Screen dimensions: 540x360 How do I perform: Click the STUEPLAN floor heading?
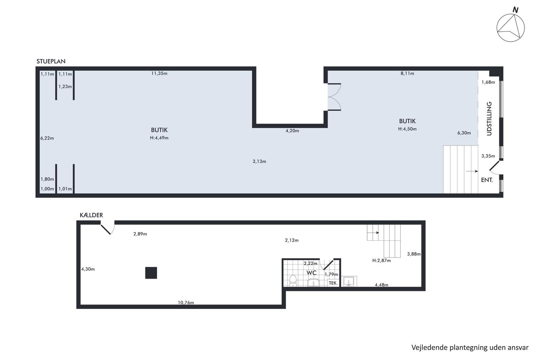[x=51, y=61]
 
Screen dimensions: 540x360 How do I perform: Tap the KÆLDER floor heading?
[x=91, y=215]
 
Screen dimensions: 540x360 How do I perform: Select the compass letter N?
[x=515, y=10]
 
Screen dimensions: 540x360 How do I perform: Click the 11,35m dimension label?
[x=159, y=73]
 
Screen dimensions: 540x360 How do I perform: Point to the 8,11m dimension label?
[x=407, y=73]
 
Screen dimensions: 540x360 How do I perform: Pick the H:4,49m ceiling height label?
[x=159, y=138]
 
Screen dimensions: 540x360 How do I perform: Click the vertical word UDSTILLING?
[x=489, y=118]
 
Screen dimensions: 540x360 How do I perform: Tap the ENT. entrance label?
[x=487, y=180]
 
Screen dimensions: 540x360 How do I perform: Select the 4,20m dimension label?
[x=292, y=131]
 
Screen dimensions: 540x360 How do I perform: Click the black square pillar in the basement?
[x=151, y=273]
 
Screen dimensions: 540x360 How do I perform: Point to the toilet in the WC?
[x=293, y=281]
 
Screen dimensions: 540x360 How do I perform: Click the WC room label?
[x=311, y=273]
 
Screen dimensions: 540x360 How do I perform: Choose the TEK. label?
[x=333, y=283]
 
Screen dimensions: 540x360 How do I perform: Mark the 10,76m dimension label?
[x=186, y=303]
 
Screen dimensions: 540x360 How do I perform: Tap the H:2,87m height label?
[x=381, y=260]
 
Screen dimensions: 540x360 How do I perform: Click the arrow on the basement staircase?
[x=374, y=233]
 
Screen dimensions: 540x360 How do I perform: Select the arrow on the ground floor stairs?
[x=472, y=171]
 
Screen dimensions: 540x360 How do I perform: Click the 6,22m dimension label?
[x=47, y=138]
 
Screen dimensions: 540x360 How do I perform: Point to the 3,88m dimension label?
[x=414, y=254]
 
